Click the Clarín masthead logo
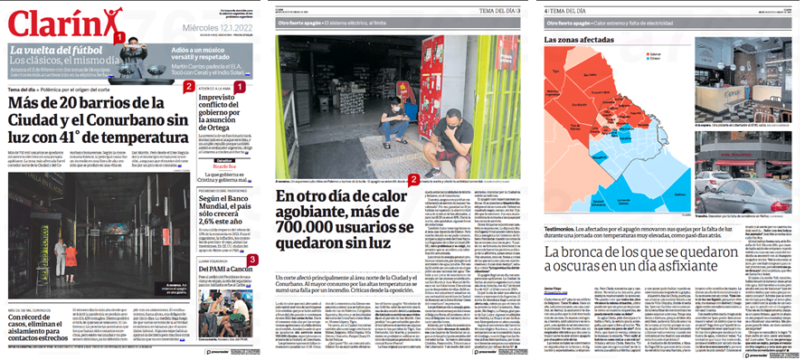(x=54, y=20)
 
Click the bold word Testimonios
(x=564, y=229)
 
